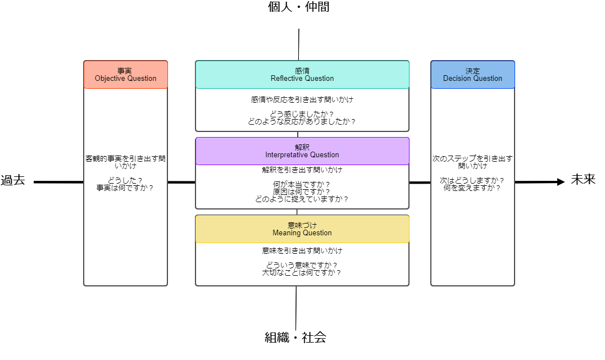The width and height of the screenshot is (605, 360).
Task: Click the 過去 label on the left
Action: pyautogui.click(x=13, y=181)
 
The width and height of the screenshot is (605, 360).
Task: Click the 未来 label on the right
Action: pyautogui.click(x=583, y=180)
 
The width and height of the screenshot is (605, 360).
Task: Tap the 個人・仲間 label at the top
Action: pyautogui.click(x=298, y=8)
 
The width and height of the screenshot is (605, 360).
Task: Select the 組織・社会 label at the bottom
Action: pyautogui.click(x=295, y=338)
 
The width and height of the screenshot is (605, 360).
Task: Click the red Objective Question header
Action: pyautogui.click(x=125, y=75)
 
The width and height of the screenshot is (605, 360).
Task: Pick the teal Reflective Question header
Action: pyautogui.click(x=302, y=75)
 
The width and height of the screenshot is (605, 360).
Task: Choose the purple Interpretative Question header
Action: pyautogui.click(x=302, y=151)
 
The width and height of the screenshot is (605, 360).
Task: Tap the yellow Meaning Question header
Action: pyautogui.click(x=302, y=229)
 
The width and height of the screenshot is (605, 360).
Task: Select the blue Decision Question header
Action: pyautogui.click(x=472, y=75)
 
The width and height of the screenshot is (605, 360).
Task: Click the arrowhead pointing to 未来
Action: pyautogui.click(x=560, y=181)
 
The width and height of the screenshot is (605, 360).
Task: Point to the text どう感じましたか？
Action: pyautogui.click(x=302, y=114)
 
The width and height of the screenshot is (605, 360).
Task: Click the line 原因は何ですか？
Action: pyautogui.click(x=302, y=192)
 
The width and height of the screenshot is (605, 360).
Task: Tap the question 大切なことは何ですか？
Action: pyautogui.click(x=302, y=273)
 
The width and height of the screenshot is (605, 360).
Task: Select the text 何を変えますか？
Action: pyautogui.click(x=472, y=188)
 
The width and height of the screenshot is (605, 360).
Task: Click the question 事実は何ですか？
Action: pyautogui.click(x=125, y=188)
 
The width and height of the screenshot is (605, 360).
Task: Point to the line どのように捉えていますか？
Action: pyautogui.click(x=302, y=199)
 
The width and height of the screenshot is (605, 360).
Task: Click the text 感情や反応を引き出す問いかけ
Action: pyautogui.click(x=302, y=100)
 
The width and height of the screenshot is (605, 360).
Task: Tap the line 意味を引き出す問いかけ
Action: pyautogui.click(x=302, y=251)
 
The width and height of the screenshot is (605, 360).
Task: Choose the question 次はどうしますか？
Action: pyautogui.click(x=472, y=181)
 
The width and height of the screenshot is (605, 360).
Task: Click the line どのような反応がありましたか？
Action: pyautogui.click(x=302, y=121)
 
